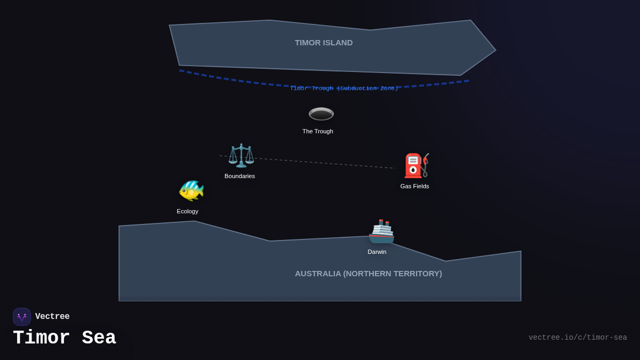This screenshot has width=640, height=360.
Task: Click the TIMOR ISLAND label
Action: tap(324, 43)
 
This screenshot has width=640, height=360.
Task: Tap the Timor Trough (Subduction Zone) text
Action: tap(344, 89)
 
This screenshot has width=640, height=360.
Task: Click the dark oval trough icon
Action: tap(321, 114)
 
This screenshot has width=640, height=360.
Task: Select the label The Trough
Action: tap(318, 131)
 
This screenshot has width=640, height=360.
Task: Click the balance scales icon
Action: tap(241, 156)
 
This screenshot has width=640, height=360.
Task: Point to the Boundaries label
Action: tap(239, 176)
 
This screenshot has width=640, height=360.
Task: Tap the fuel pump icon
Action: tap(416, 166)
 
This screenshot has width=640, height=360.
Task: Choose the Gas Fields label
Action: tap(414, 186)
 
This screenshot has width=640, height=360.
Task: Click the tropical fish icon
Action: tap(191, 190)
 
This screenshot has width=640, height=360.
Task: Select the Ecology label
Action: tap(187, 211)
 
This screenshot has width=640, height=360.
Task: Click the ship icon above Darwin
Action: tap(381, 231)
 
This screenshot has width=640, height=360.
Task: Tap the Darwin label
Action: tap(377, 252)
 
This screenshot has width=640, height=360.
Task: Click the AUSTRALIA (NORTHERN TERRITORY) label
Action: tap(369, 274)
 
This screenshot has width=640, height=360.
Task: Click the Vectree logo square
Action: tap(22, 317)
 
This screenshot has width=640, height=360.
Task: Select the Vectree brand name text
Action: tap(52, 317)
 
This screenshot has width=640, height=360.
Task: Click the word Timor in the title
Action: tap(41, 338)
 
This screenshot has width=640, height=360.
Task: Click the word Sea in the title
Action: tap(99, 338)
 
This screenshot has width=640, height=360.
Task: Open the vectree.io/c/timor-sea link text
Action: tap(578, 338)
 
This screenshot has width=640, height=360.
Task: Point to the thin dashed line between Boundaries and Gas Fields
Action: tap(320, 163)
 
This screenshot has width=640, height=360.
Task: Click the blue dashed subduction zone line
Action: tap(224, 78)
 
